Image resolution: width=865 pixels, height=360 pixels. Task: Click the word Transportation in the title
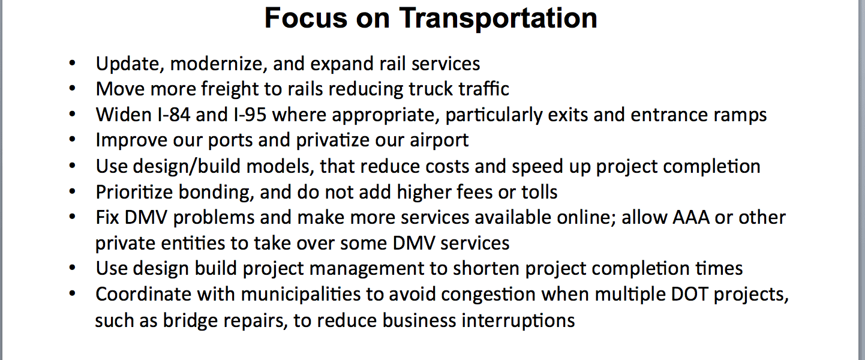coord(498,18)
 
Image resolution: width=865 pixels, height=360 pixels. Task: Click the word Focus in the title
coord(306,18)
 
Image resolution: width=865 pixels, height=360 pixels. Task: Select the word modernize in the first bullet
coord(219,64)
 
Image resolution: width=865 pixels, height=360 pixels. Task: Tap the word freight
coord(230,89)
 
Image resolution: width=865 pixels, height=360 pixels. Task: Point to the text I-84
coord(174,115)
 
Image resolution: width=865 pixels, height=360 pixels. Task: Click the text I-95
coord(250,115)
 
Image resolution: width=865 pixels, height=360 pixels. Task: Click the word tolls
coord(539,192)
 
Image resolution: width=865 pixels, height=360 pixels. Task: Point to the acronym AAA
coord(691,217)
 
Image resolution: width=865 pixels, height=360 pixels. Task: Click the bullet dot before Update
coord(72,64)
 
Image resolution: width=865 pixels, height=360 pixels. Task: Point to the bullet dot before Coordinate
coord(72,294)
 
